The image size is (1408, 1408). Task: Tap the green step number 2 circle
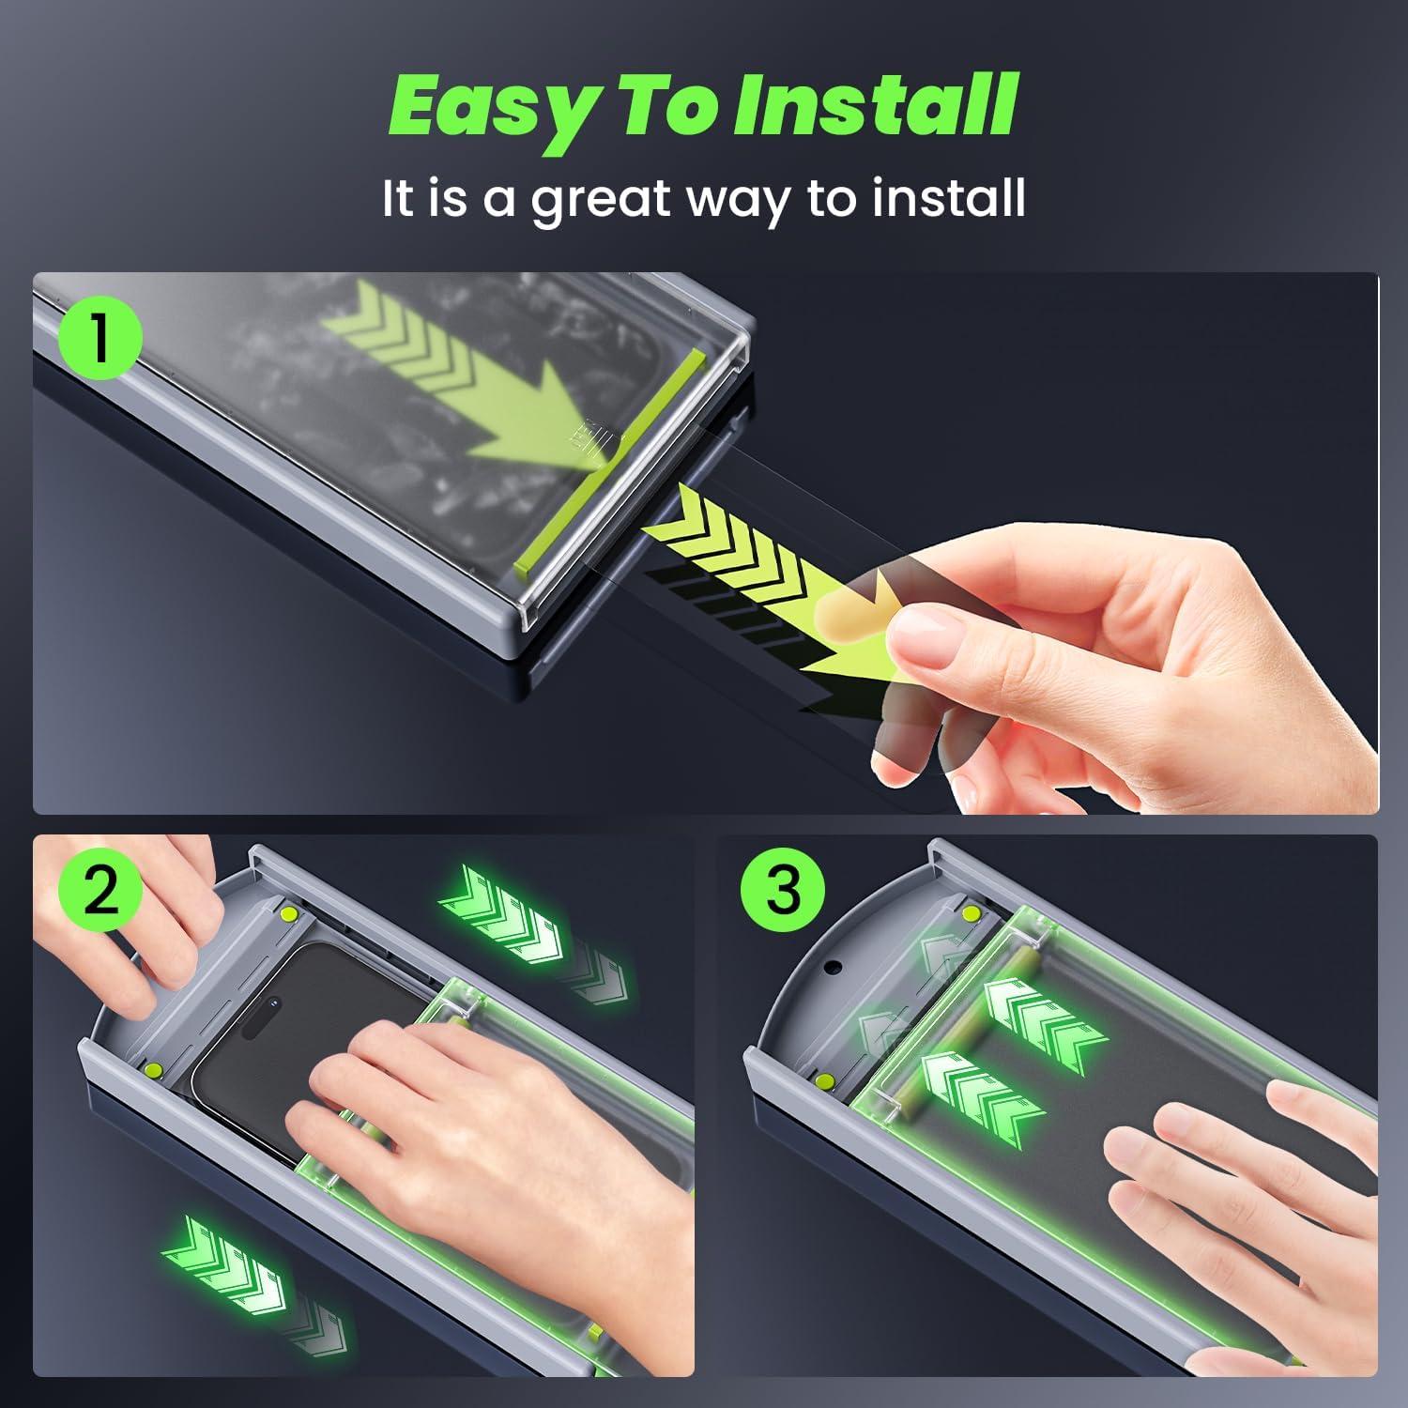pos(101,890)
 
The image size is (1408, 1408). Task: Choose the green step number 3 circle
pos(783,890)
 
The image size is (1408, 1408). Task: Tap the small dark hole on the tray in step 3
pos(831,967)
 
